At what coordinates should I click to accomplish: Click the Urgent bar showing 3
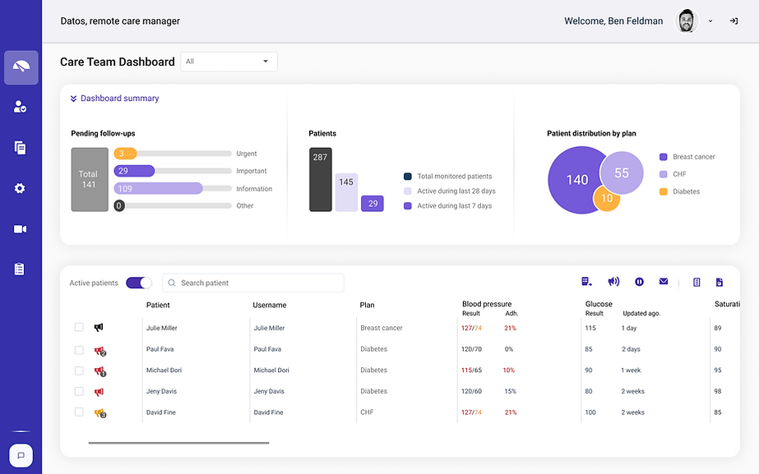pyautogui.click(x=126, y=154)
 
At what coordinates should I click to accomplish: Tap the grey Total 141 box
pyautogui.click(x=89, y=179)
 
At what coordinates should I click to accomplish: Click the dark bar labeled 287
pyautogui.click(x=320, y=179)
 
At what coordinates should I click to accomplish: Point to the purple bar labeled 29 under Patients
pyautogui.click(x=373, y=204)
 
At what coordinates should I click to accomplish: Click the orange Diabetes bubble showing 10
pyautogui.click(x=607, y=198)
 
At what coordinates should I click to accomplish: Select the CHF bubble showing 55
pyautogui.click(x=621, y=173)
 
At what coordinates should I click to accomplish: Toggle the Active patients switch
pyautogui.click(x=139, y=283)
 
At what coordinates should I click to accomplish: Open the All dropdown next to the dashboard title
pyautogui.click(x=229, y=62)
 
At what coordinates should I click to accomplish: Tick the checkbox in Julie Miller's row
pyautogui.click(x=79, y=328)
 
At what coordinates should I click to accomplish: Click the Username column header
pyautogui.click(x=270, y=305)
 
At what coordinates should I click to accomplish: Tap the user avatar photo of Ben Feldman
pyautogui.click(x=687, y=21)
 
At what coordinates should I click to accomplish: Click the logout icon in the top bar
pyautogui.click(x=734, y=21)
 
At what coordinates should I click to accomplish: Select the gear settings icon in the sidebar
pyautogui.click(x=21, y=188)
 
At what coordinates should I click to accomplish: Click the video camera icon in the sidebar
pyautogui.click(x=21, y=229)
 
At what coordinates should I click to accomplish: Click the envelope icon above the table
pyautogui.click(x=664, y=282)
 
